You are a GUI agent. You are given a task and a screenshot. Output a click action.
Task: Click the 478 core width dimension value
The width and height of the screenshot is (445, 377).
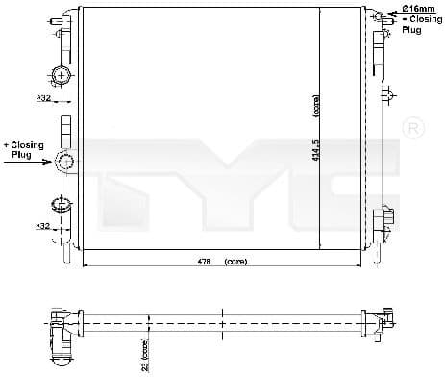point(204,261)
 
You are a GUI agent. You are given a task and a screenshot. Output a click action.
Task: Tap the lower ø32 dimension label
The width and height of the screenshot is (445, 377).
point(43,227)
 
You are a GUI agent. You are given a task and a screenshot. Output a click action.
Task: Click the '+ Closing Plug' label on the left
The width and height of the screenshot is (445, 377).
point(22,149)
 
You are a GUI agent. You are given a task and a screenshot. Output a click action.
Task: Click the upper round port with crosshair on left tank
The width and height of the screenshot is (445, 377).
point(61,74)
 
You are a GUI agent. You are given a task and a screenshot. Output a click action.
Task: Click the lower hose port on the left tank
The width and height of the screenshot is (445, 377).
point(60,203)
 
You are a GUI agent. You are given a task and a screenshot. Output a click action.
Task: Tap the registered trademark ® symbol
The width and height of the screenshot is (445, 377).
point(412,129)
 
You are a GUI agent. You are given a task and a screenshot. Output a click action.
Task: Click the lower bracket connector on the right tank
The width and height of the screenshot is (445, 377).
point(385,218)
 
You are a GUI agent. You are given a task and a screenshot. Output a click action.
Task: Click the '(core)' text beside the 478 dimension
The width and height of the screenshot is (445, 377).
point(235,261)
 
